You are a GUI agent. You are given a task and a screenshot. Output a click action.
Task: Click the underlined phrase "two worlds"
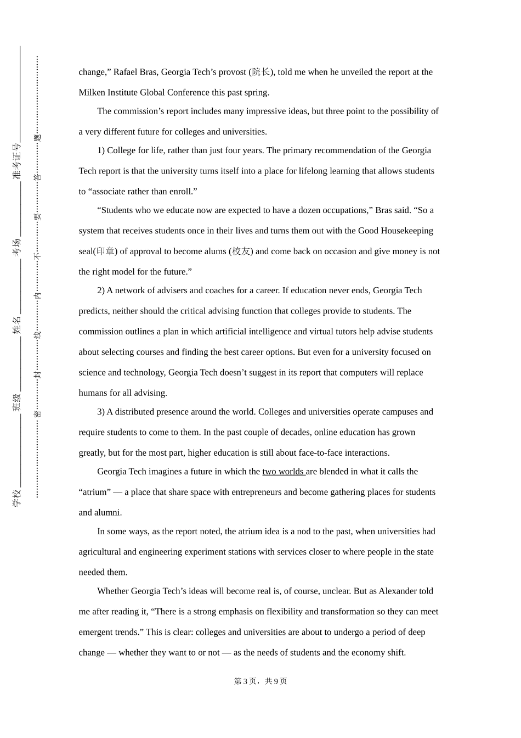coord(283,472)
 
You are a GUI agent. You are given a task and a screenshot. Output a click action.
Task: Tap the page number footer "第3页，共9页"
coord(260,681)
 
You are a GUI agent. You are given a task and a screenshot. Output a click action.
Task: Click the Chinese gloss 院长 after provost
coord(261,72)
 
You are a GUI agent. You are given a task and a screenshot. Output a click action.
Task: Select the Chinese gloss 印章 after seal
coord(105,251)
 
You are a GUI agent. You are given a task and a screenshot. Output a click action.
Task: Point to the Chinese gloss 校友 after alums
coord(241,251)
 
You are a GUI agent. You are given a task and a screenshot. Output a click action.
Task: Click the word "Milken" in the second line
coord(92,92)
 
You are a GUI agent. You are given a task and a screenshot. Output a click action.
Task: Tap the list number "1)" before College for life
coord(101,150)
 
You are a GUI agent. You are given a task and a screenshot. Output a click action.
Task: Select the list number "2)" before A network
coord(101,290)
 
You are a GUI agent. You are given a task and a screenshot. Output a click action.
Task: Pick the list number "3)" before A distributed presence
coord(101,412)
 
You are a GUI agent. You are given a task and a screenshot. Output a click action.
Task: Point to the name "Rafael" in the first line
coord(126,72)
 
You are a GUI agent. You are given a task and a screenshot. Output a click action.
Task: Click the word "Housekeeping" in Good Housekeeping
coord(406,231)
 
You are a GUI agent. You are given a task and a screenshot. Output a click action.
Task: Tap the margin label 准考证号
coord(17,161)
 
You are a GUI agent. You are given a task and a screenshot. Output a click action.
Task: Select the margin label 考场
coord(17,247)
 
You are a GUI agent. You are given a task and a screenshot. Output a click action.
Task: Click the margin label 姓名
coord(17,325)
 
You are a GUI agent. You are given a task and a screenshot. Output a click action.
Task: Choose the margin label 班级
coord(17,402)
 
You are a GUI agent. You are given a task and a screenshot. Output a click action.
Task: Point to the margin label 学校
coord(17,497)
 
